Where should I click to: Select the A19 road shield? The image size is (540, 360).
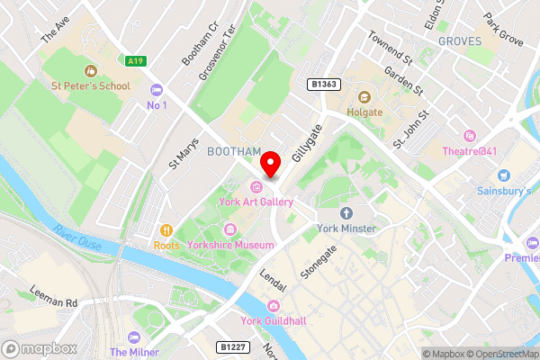coord(136,61)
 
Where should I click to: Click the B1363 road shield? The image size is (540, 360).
coord(323,84)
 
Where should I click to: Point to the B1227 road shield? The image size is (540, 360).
coord(232,346)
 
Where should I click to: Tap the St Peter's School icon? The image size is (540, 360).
coord(90,70)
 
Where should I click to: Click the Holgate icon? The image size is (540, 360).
coord(364,97)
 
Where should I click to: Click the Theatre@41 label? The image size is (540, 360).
coord(469,151)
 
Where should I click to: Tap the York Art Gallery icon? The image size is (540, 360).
coord(256,186)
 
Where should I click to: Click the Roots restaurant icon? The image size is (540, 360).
coord(166,229)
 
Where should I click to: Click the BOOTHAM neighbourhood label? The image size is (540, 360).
coord(234,151)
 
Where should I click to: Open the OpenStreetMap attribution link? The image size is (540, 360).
coord(502,354)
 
